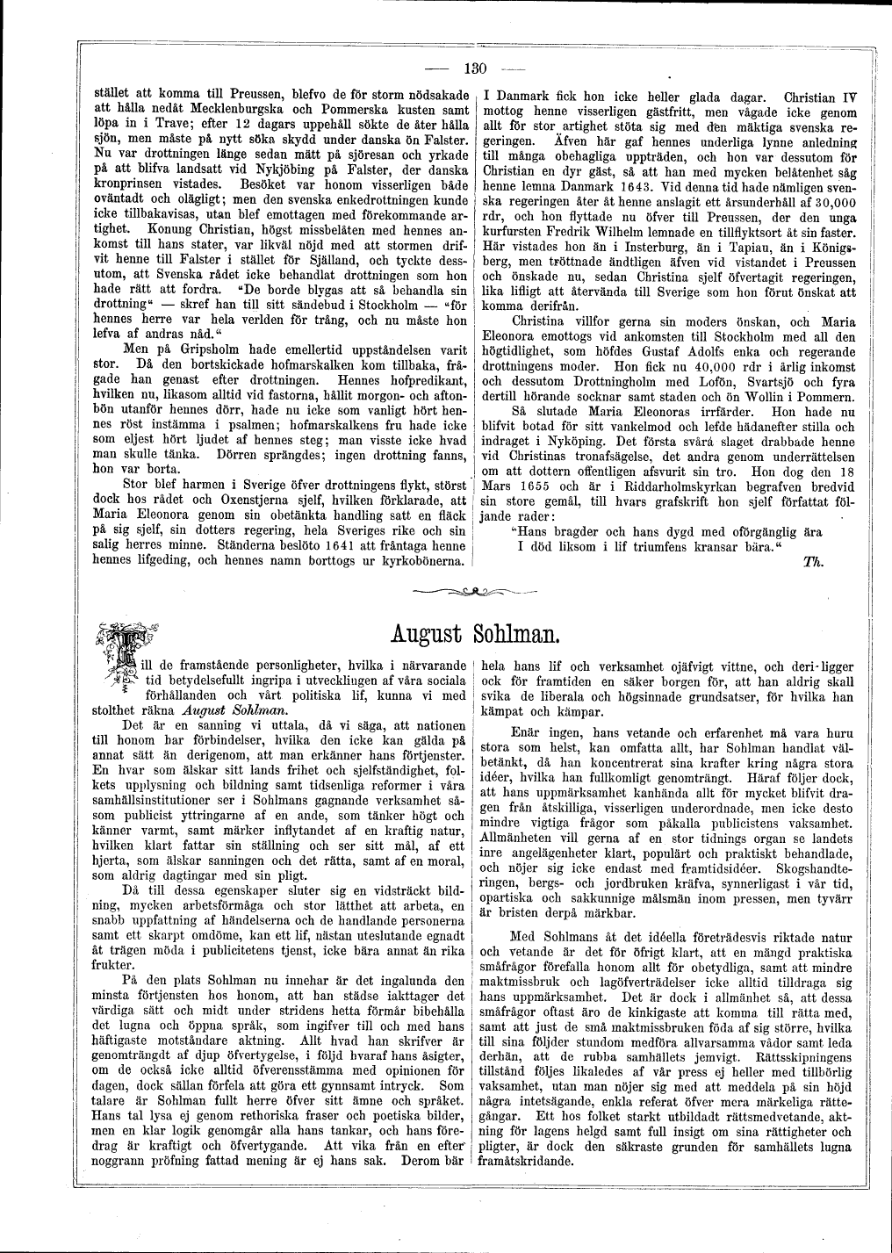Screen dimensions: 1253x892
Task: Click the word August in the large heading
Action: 429,633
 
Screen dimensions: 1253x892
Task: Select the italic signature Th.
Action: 810,563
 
